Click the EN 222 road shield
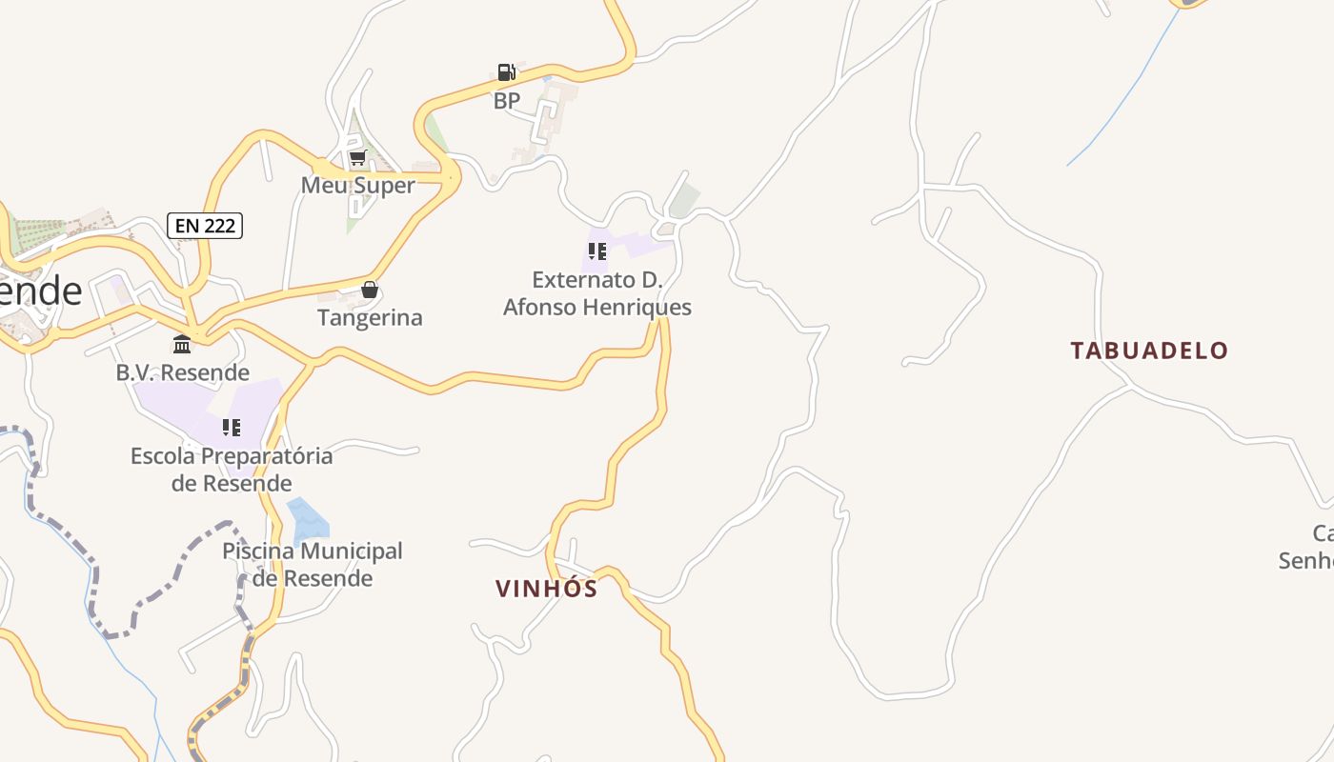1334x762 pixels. [205, 226]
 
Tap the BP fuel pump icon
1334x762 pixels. [506, 72]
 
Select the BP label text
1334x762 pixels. [506, 100]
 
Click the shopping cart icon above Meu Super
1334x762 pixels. [357, 157]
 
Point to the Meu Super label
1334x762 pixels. [358, 185]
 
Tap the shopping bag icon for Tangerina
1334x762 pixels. [370, 290]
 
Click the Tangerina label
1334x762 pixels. [370, 317]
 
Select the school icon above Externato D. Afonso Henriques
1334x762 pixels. [596, 251]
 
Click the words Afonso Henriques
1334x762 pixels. [597, 308]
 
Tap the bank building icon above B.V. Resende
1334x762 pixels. [182, 344]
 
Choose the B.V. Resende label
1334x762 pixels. [183, 372]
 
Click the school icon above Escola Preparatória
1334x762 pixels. [232, 428]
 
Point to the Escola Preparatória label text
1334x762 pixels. [232, 456]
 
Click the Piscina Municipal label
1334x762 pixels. [313, 551]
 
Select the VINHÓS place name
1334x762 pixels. [547, 589]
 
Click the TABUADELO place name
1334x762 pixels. [1149, 351]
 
